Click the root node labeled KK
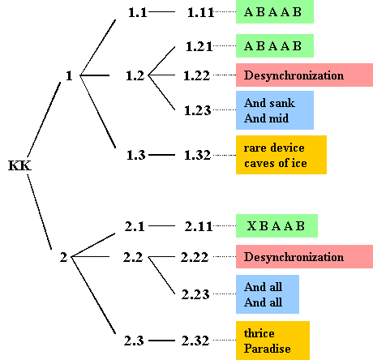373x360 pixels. coord(19,165)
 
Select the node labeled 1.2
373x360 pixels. coord(135,75)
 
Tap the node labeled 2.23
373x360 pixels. coord(195,294)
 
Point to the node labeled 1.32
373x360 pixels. coord(197,155)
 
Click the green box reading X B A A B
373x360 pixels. coord(277,226)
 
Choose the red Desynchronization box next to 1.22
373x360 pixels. coord(304,75)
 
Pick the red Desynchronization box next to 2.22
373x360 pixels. coord(304,257)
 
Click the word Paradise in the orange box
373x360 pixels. coord(268,349)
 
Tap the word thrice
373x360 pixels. coord(259,333)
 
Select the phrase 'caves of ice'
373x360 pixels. coord(276,163)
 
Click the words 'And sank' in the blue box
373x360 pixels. coord(269,103)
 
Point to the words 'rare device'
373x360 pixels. coord(274,148)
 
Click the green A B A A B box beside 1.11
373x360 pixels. coord(275,11)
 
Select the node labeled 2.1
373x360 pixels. coord(135,226)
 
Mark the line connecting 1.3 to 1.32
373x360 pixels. coord(161,155)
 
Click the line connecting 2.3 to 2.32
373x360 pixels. coord(161,341)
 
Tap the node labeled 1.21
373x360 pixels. coord(199,46)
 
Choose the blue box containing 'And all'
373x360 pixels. coord(268,294)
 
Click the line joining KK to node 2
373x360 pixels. coord(40,212)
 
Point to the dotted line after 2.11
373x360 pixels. coord(225,225)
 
